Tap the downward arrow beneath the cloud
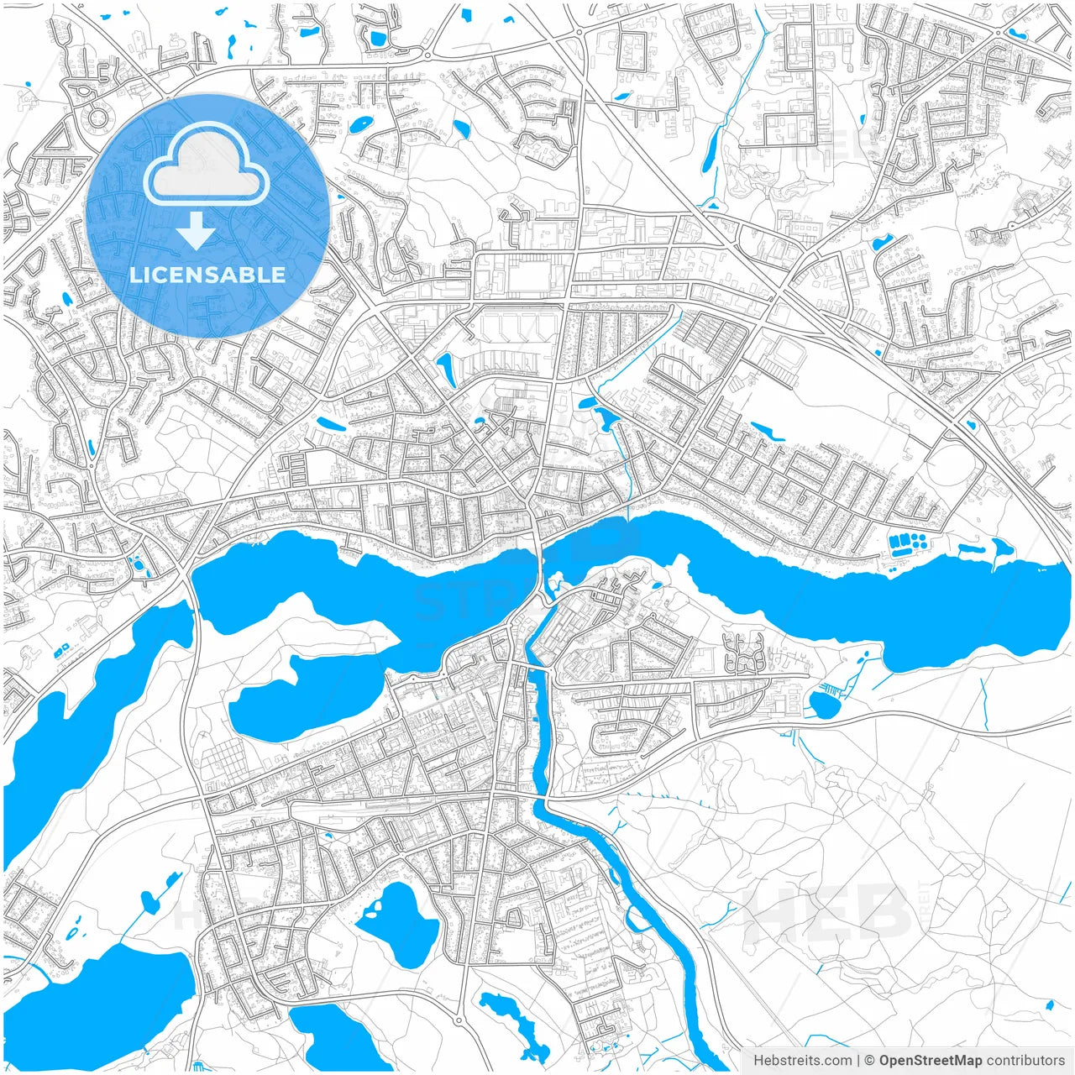click(196, 231)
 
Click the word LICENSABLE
click(207, 275)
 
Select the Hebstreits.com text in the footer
click(802, 1061)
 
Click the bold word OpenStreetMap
click(930, 1061)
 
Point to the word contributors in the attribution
click(1025, 1061)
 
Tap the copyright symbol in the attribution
click(869, 1061)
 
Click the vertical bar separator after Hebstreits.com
click(857, 1061)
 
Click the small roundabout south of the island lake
click(459, 1020)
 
